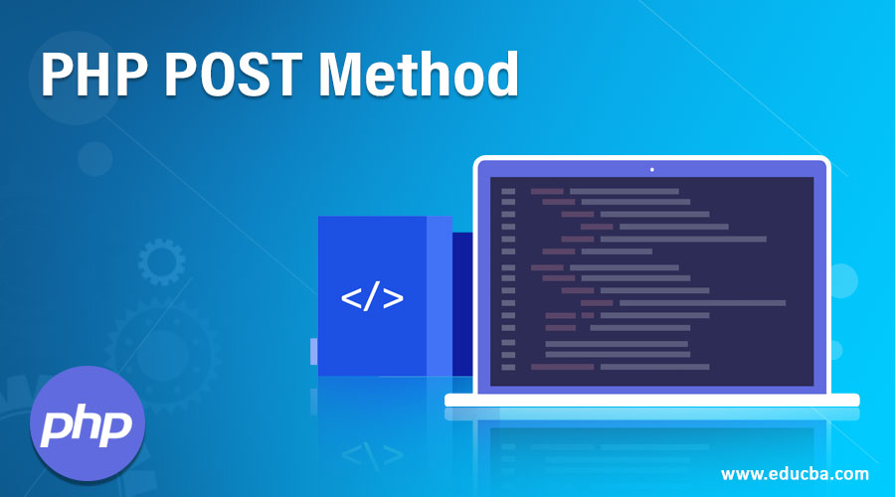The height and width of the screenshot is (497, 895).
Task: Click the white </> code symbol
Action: coord(372,297)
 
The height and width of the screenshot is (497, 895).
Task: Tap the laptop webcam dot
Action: coord(651,169)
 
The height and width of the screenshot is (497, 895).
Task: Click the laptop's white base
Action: coord(651,400)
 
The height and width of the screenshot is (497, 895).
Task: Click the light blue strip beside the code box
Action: coord(439,295)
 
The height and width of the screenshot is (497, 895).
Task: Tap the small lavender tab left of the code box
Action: coord(313,351)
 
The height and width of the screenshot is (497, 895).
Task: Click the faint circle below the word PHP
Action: coord(95,158)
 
